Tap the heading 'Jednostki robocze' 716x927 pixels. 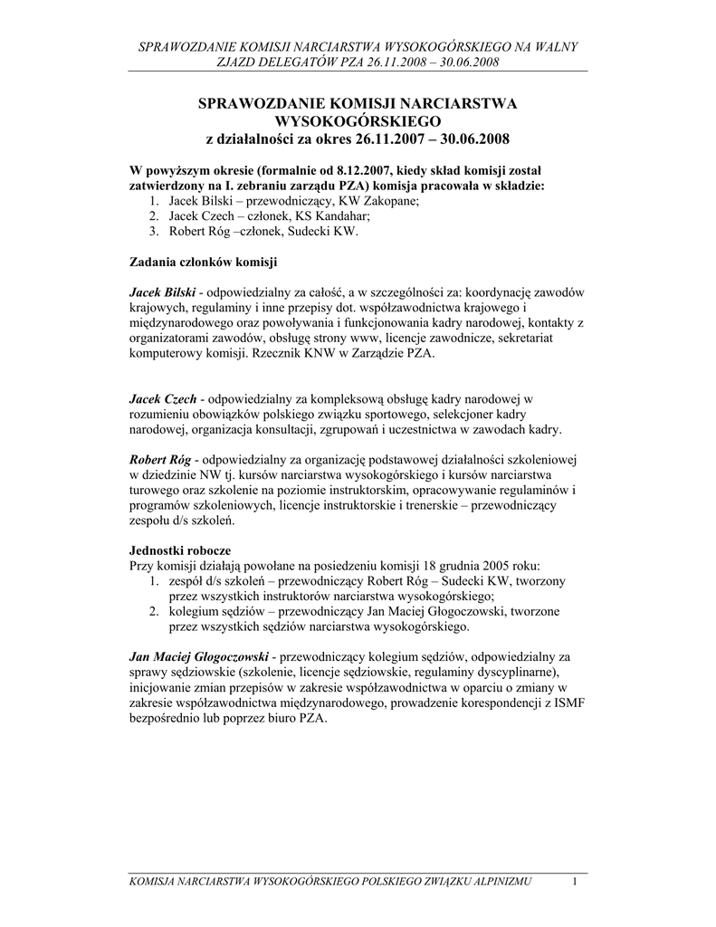tap(180, 550)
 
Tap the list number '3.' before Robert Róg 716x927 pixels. tap(155, 232)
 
